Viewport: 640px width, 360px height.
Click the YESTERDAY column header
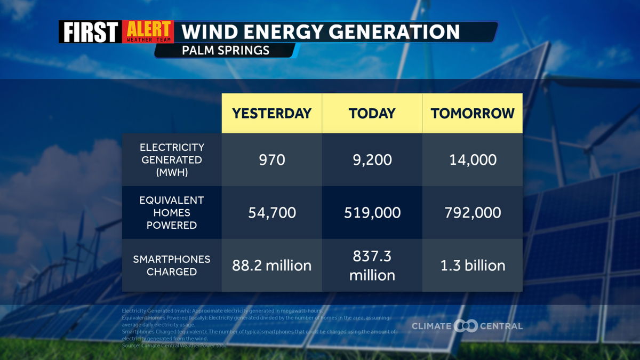tap(271, 113)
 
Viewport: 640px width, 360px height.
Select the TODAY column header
tap(372, 113)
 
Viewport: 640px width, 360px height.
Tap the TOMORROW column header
tap(473, 113)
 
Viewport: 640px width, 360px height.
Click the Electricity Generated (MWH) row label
tap(172, 159)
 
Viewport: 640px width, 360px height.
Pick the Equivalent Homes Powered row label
tap(172, 212)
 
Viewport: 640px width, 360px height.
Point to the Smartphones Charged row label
tap(172, 265)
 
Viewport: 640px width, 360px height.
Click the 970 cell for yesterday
tap(271, 159)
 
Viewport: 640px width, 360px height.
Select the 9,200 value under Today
tap(372, 159)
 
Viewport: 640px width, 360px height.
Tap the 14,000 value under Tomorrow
tap(473, 159)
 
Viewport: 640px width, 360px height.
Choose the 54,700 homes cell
tap(271, 212)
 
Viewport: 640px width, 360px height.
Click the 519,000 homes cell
tap(372, 212)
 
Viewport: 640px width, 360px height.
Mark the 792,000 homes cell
tap(473, 212)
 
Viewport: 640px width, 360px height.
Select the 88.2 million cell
tap(271, 265)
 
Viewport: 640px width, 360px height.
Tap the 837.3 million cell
tap(372, 266)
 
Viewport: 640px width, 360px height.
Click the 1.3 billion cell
tap(473, 265)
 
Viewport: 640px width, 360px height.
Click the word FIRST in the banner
tap(90, 32)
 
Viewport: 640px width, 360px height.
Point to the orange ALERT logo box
tap(148, 31)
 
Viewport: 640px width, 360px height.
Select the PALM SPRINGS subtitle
tap(225, 51)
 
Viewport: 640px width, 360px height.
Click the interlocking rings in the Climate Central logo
tap(466, 326)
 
